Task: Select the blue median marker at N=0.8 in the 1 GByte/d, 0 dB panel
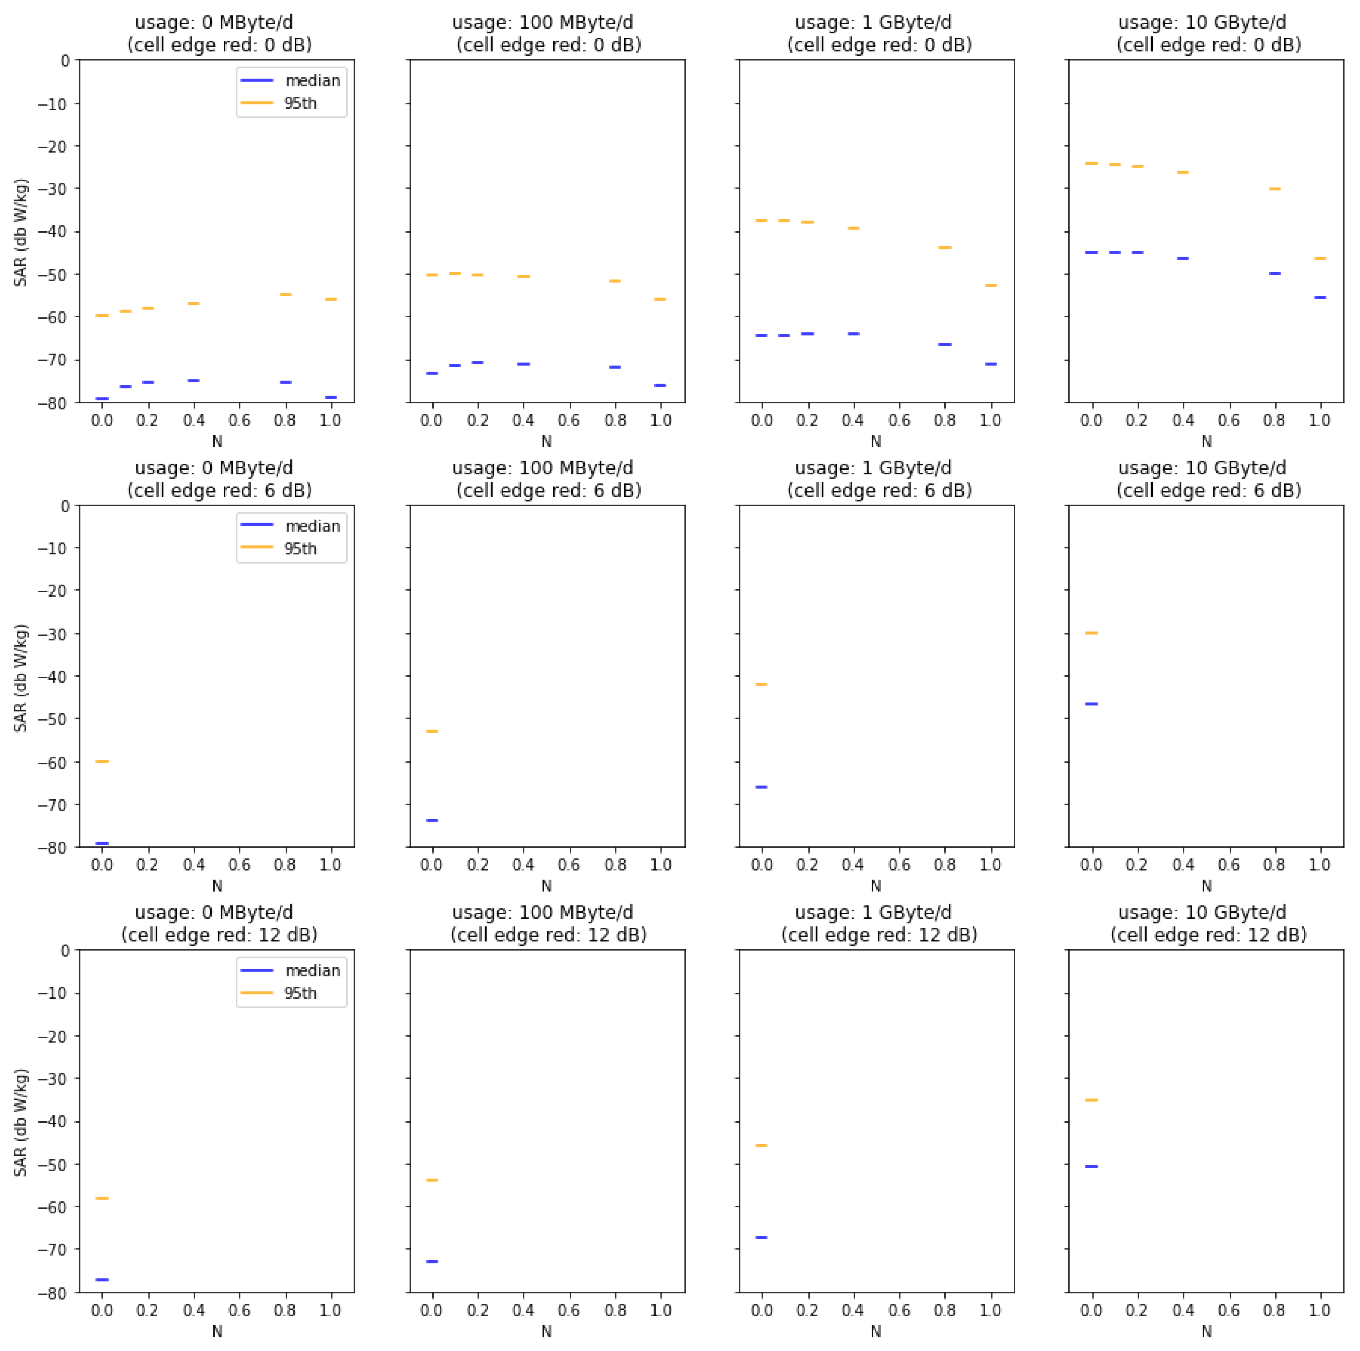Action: tap(945, 344)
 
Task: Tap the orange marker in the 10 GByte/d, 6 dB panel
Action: tap(1091, 633)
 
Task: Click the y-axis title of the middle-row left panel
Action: tap(21, 677)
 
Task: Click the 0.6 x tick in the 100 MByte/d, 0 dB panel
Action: tap(569, 420)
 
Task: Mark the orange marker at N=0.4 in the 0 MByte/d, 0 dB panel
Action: tap(194, 303)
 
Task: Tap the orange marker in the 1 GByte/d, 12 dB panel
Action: tap(761, 1146)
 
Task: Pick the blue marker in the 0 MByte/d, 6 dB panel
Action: tap(102, 843)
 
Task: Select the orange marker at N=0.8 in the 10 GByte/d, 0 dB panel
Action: tap(1274, 189)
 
